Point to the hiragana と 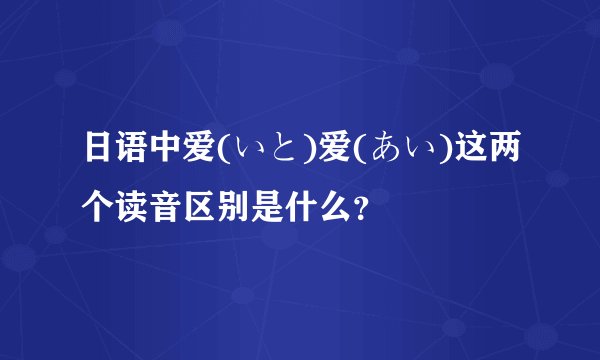(281, 153)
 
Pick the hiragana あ (369, 153)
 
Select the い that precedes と (249, 153)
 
